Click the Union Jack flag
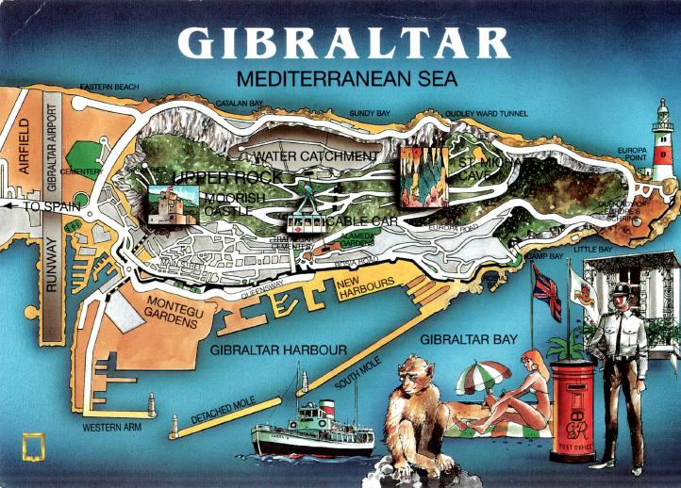point(546,293)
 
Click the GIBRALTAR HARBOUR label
point(279,350)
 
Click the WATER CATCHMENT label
point(317,155)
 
